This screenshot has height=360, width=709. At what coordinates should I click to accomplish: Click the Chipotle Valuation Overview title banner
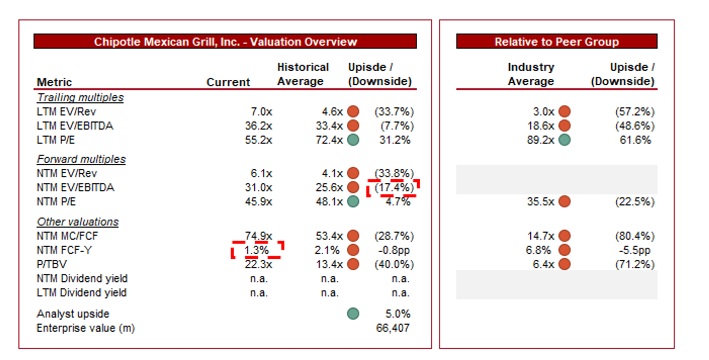click(225, 41)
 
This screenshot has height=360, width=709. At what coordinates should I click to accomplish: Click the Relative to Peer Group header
click(557, 41)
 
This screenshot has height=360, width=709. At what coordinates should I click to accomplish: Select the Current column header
click(228, 82)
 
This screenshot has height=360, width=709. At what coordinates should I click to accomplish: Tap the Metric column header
click(54, 82)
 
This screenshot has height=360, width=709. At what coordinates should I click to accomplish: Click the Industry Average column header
click(531, 74)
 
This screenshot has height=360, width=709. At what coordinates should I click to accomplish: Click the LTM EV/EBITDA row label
click(75, 126)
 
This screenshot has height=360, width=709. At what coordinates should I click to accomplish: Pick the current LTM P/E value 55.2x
click(258, 140)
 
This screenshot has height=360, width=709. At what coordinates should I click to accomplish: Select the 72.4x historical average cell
click(329, 140)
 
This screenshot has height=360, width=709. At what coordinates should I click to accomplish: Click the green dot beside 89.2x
click(564, 140)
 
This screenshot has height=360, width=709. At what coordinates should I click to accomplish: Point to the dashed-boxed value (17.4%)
click(394, 187)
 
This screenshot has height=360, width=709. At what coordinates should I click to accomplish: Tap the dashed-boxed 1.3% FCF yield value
click(256, 250)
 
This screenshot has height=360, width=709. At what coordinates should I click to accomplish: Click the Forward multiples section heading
click(81, 159)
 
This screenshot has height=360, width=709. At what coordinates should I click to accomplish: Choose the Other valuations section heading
click(78, 222)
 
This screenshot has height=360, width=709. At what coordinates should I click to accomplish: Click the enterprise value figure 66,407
click(392, 328)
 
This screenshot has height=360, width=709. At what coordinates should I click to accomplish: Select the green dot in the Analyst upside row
click(353, 314)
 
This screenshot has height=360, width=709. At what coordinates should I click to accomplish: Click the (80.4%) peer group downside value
click(635, 236)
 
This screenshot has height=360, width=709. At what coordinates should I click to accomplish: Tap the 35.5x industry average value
click(540, 202)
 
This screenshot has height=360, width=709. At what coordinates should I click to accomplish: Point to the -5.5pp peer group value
click(635, 250)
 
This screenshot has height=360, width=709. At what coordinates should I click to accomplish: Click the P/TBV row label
click(52, 264)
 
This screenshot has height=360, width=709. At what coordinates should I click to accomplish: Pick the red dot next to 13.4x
click(353, 264)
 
